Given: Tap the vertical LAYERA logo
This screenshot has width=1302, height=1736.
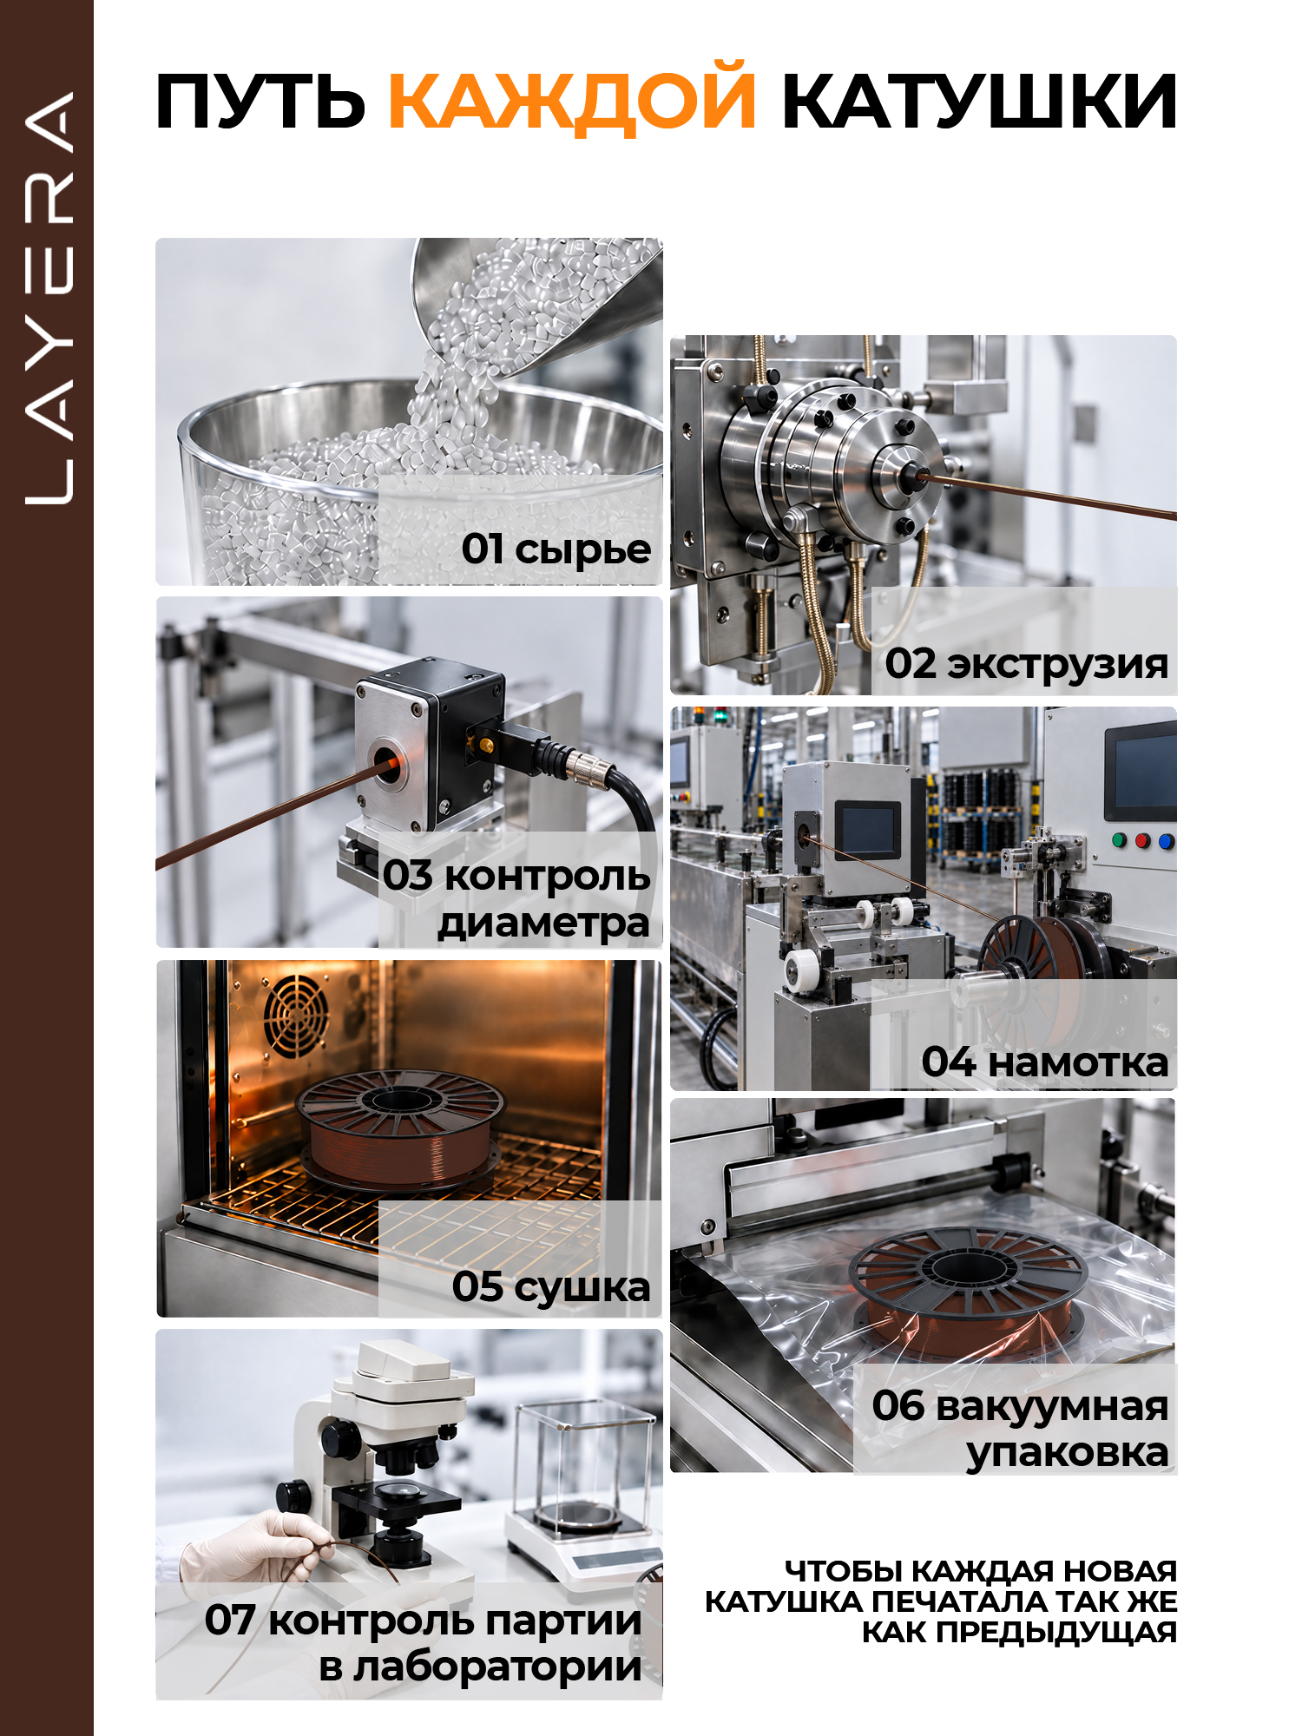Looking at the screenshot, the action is click(x=49, y=297).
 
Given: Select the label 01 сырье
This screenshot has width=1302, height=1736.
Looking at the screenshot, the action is click(x=556, y=549).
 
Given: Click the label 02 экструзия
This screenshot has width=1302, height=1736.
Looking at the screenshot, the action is click(x=1026, y=664).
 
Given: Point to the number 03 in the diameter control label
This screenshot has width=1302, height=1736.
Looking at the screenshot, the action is click(x=408, y=875).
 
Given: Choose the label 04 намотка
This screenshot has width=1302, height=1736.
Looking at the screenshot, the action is click(x=1045, y=1062).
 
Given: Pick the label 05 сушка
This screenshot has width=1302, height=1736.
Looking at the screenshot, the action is click(x=551, y=1286).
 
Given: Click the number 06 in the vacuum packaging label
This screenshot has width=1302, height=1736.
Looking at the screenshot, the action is click(x=898, y=1405).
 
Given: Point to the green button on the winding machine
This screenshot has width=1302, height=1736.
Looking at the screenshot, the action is click(x=1120, y=839).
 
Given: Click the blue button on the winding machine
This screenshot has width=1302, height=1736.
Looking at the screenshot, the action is click(x=1166, y=841).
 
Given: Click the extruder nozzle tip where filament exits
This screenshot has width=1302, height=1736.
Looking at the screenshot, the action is click(x=916, y=474).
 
